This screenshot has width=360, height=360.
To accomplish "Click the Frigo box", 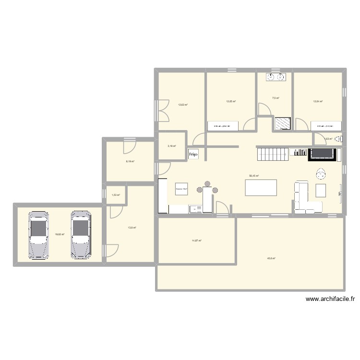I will pyautogui.click(x=193, y=154).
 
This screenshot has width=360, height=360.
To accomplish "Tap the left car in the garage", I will pyautogui.click(x=38, y=235).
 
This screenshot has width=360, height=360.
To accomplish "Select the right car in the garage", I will pyautogui.click(x=81, y=235).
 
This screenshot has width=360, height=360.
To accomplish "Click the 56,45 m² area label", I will pyautogui.click(x=254, y=176).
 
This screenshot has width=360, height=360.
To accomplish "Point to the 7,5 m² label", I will pyautogui.click(x=276, y=98).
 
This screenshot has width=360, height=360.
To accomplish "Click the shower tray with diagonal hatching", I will pyautogui.click(x=282, y=123).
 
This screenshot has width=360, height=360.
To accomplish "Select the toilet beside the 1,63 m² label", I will pyautogui.click(x=338, y=139).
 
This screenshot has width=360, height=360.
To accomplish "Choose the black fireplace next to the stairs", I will pyautogui.click(x=322, y=154).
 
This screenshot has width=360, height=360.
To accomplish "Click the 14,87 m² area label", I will pyautogui.click(x=197, y=241).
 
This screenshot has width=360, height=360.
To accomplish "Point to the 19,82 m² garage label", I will pyautogui.click(x=60, y=235).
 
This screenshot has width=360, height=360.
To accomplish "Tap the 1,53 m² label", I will pyautogui.click(x=116, y=195).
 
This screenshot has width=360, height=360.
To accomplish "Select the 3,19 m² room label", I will pyautogui.click(x=171, y=146).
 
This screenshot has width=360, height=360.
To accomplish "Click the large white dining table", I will pyautogui.click(x=261, y=187).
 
